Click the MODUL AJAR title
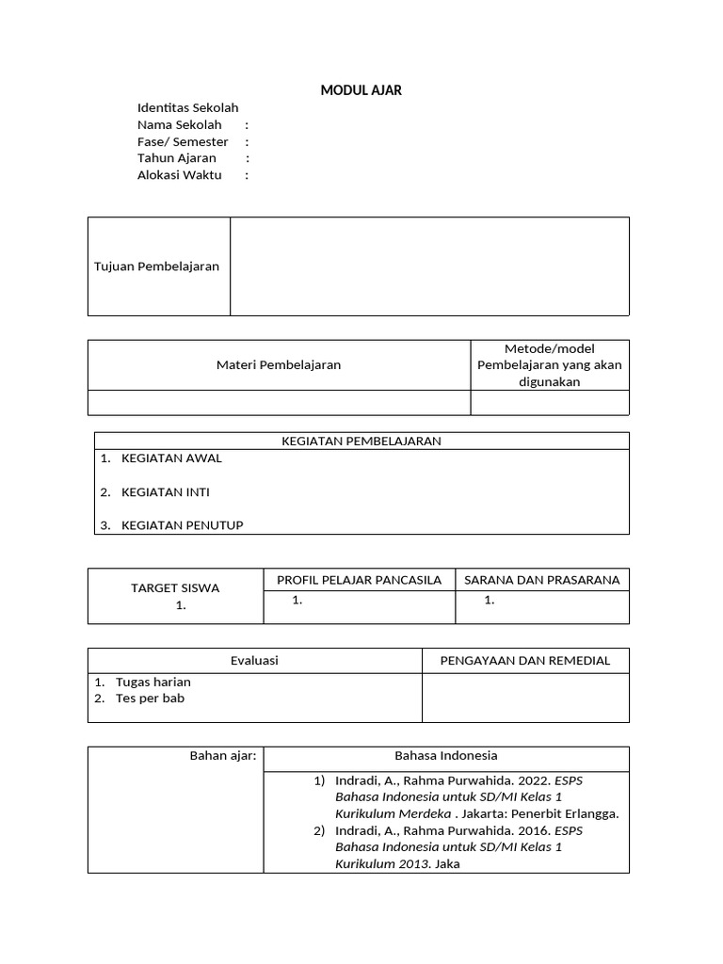pos(361,90)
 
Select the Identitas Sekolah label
pos(188,108)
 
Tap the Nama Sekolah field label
pos(180,125)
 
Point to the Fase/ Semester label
pos(183,141)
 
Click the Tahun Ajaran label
pos(177,158)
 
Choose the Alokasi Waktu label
pos(180,175)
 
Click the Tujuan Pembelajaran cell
pos(157,266)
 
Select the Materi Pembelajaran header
pos(279,365)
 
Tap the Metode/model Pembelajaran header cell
pos(550,365)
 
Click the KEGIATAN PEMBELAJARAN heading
pos(361,441)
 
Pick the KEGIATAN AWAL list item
pos(171,458)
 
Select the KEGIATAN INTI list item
pos(166,491)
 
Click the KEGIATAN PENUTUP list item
pos(182,525)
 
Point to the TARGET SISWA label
pos(175,588)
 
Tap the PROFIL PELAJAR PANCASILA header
pos(359,580)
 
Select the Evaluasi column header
pos(254,661)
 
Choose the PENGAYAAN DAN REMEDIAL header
pos(525,661)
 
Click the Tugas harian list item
pos(153,682)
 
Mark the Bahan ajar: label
pos(223,756)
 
